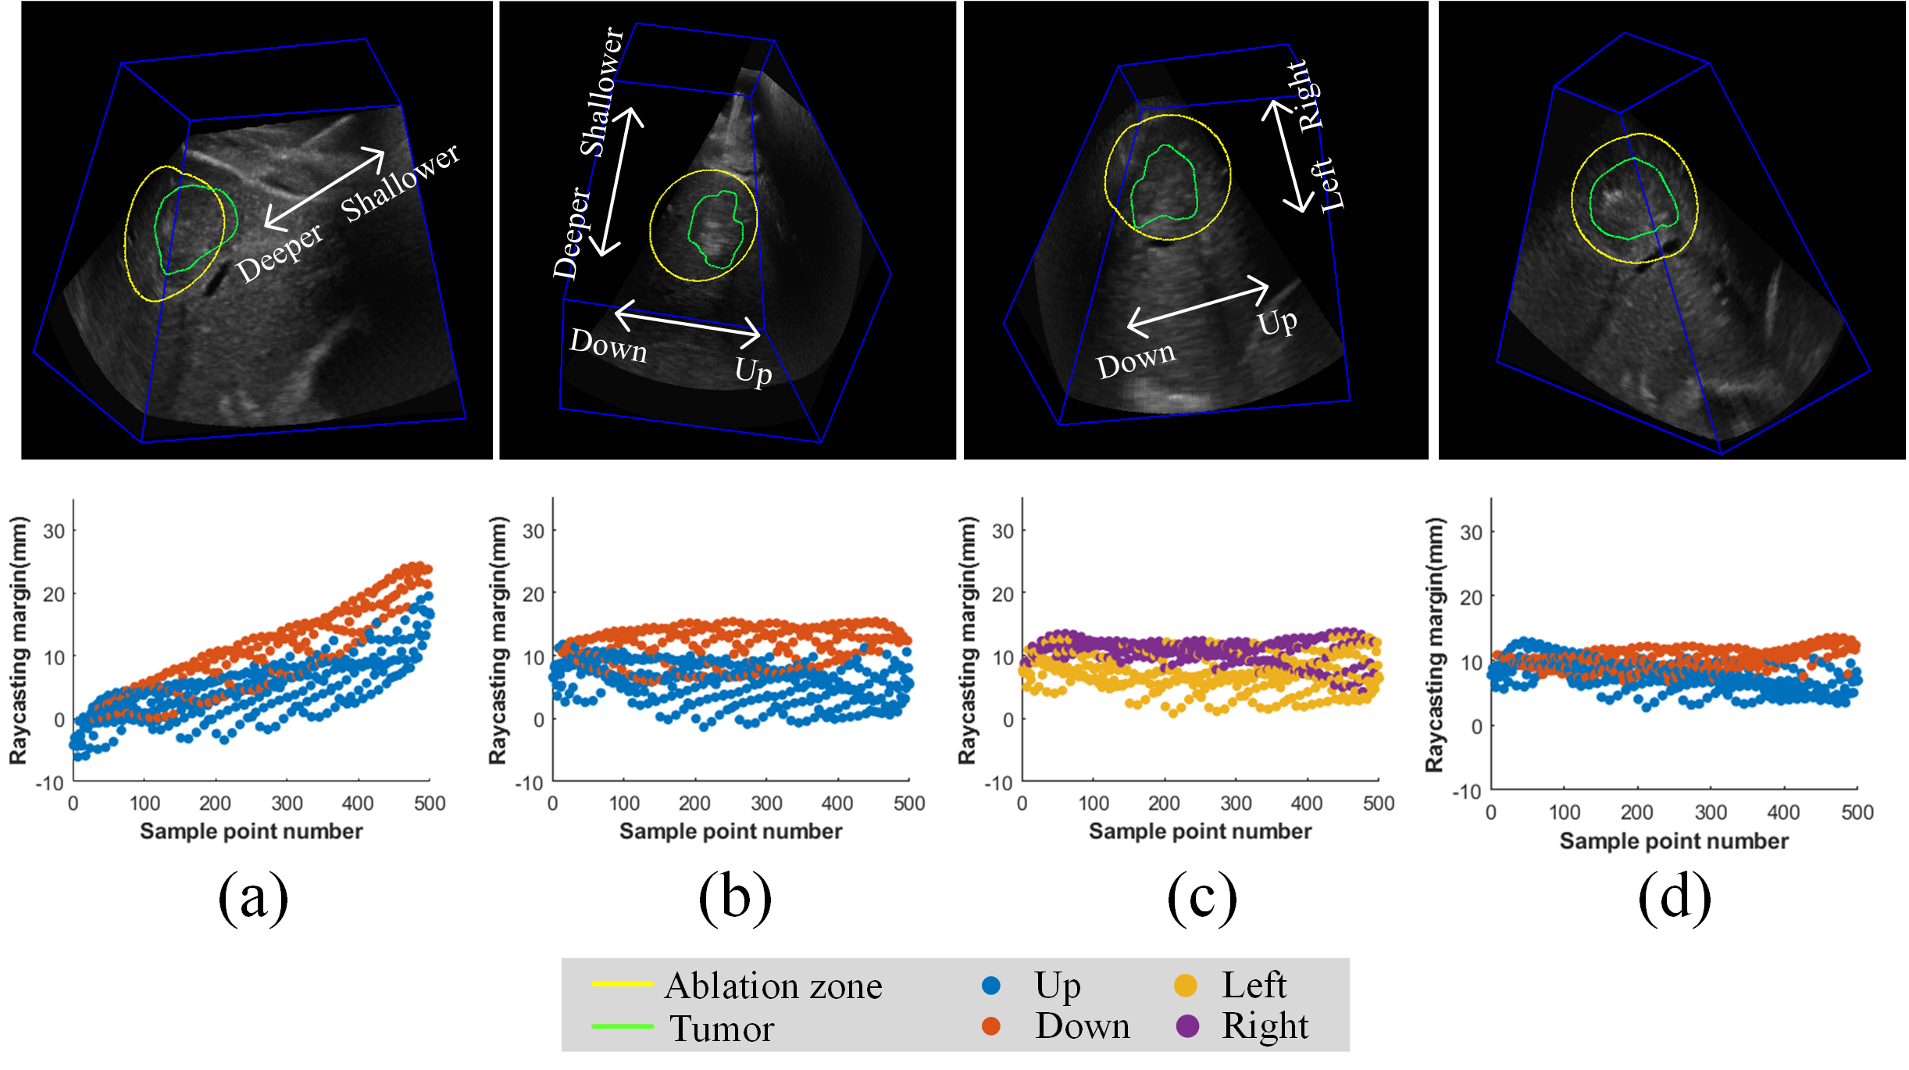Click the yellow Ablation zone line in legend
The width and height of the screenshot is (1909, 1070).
click(622, 983)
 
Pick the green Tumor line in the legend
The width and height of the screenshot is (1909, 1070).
click(622, 1026)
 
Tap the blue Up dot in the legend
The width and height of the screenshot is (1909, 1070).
click(991, 986)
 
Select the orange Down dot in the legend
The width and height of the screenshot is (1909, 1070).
click(991, 1026)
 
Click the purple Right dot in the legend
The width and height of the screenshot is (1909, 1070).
click(1187, 1026)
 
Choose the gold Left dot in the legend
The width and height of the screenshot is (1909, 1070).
click(1186, 986)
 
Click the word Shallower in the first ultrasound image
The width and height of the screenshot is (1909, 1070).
click(401, 181)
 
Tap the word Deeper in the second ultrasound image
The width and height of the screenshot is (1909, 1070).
click(573, 233)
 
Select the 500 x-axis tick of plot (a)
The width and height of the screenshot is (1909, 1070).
click(430, 803)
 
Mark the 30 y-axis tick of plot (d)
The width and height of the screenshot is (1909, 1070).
click(1471, 533)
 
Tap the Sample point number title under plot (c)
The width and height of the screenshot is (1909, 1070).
click(1201, 832)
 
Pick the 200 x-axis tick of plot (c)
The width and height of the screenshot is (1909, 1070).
click(1164, 803)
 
